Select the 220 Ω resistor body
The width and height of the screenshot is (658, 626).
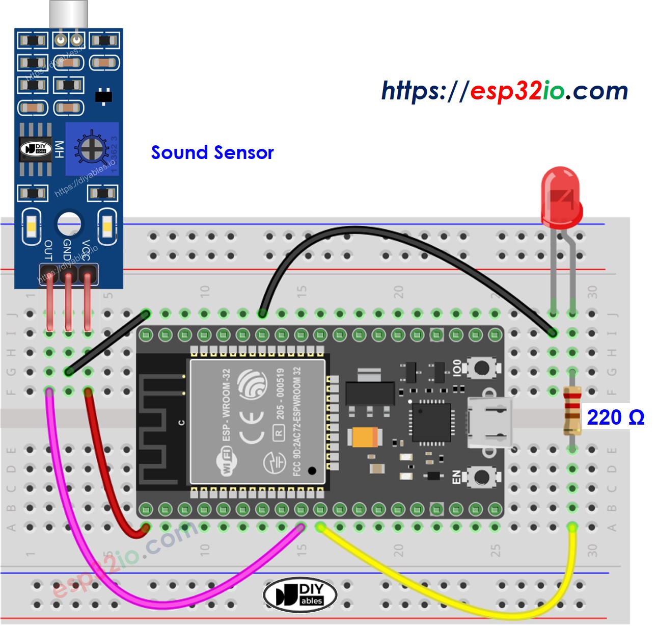[x=572, y=411]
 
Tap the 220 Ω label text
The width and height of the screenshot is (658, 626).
[x=615, y=418]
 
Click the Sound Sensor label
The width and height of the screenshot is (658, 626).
[x=212, y=152]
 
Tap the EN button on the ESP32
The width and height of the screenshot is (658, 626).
[x=481, y=477]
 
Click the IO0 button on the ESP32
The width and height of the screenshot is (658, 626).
[x=481, y=368]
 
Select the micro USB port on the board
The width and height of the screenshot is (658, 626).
[x=489, y=423]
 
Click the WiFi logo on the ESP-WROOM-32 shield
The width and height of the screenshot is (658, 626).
[x=225, y=461]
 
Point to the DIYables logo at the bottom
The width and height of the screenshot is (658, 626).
[x=300, y=594]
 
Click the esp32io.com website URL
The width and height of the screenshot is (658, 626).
[x=504, y=91]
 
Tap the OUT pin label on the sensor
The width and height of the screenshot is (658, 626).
[x=48, y=250]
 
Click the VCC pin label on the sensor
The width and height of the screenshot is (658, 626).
[x=86, y=250]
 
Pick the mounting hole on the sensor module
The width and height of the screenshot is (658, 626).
[x=69, y=224]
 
